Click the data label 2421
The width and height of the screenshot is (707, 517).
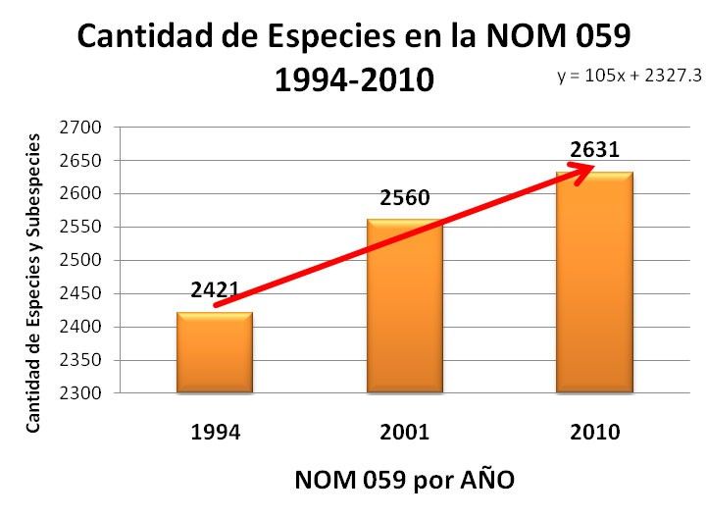tap(215, 290)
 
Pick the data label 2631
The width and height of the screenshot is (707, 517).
tap(594, 150)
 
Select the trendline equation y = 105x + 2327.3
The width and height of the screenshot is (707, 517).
tap(630, 77)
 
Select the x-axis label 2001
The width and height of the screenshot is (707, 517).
tap(404, 433)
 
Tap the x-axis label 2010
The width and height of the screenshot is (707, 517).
tap(594, 433)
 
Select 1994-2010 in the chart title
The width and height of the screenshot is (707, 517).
tap(354, 79)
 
